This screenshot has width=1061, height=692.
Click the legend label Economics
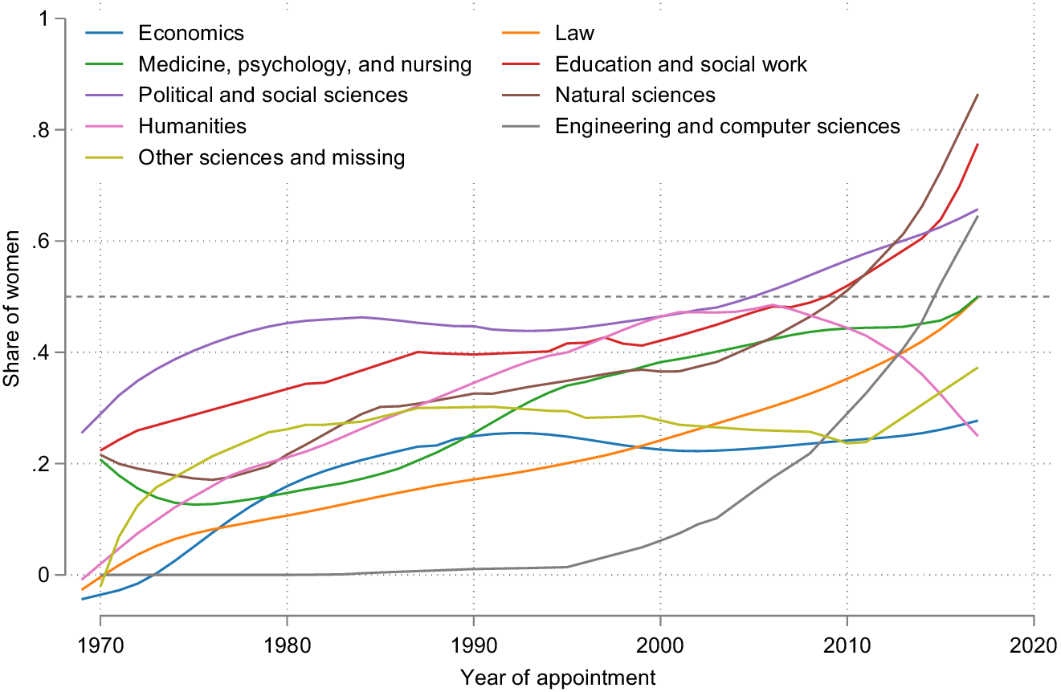tap(190, 34)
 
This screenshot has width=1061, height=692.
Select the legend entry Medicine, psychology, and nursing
tap(304, 64)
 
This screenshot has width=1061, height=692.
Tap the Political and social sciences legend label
tap(273, 95)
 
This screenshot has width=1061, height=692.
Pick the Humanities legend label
tap(192, 126)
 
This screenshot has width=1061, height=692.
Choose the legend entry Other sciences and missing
tap(271, 157)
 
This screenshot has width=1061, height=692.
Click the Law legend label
tap(574, 34)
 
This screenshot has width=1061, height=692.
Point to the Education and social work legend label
tap(681, 64)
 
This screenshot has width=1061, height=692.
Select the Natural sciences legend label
tap(635, 95)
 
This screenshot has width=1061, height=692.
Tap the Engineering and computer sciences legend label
tap(728, 126)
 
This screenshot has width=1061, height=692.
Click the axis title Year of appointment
tap(558, 677)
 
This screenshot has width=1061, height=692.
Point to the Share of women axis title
tap(14, 297)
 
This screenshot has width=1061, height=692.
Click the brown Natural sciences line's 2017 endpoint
tap(977, 95)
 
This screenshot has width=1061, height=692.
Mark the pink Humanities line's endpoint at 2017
tap(977, 436)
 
